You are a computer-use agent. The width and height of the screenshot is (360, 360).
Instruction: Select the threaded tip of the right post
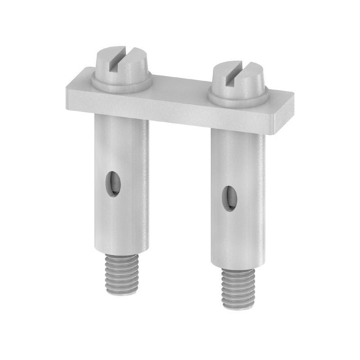pyautogui.click(x=238, y=288)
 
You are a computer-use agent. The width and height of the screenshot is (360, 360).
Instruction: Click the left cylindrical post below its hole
pyautogui.click(x=121, y=225)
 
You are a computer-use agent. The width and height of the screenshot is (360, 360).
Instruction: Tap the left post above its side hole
pyautogui.click(x=121, y=144)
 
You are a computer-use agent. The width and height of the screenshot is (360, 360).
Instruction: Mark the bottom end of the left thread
pyautogui.click(x=122, y=292)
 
